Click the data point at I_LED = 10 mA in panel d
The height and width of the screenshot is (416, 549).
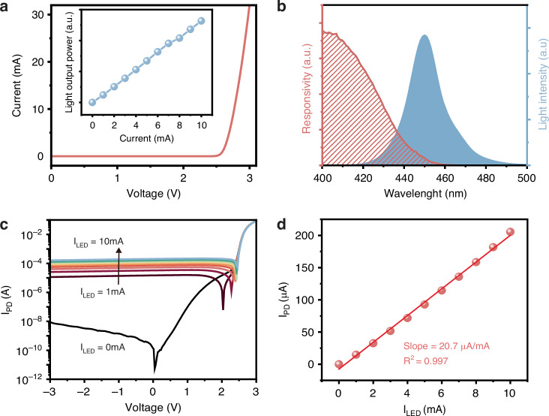pyautogui.click(x=511, y=231)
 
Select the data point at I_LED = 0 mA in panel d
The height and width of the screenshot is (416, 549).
pyautogui.click(x=339, y=364)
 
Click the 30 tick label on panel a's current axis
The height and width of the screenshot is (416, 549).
pyautogui.click(x=37, y=15)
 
